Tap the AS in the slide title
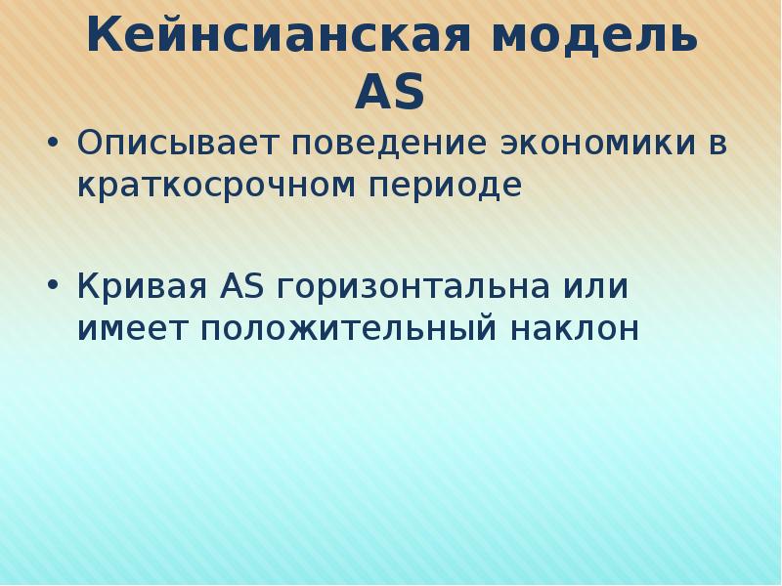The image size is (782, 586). (390, 94)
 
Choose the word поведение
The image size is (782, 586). (384, 145)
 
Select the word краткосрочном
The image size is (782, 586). (207, 185)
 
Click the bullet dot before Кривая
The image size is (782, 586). (53, 289)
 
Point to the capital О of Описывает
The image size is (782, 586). (90, 145)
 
